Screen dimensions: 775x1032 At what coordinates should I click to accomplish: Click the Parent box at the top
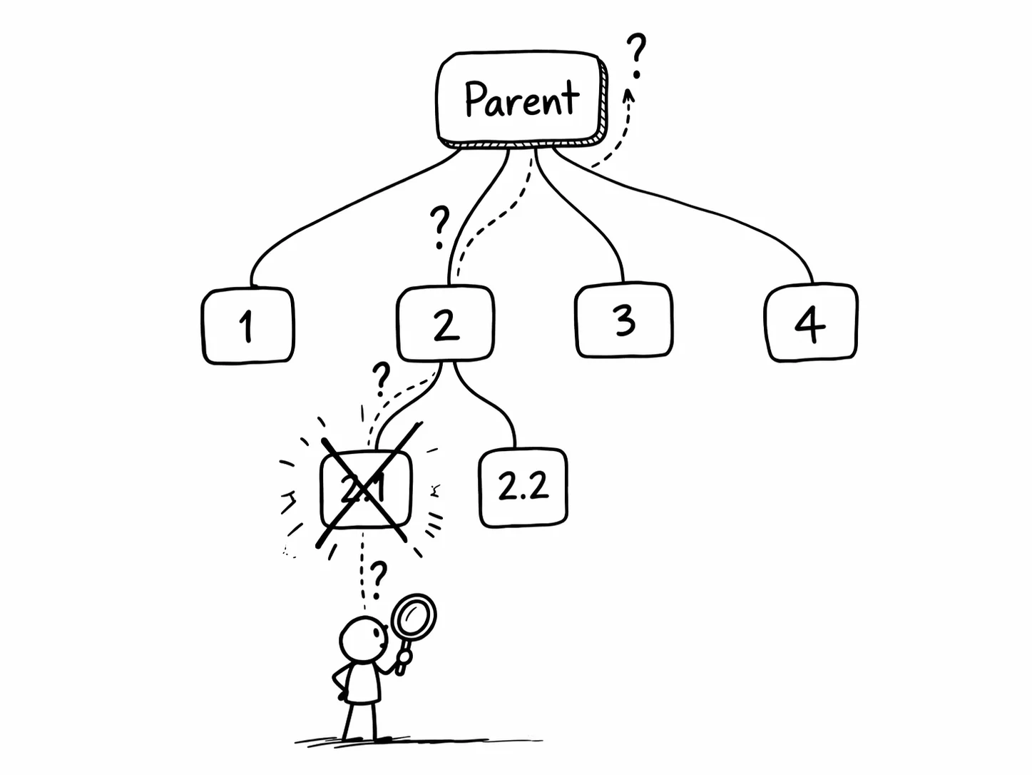521,98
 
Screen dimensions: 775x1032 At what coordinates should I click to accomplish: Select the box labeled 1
247,326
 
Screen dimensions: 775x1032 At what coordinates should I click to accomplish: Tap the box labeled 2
446,323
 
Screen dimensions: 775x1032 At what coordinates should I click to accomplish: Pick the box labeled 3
624,320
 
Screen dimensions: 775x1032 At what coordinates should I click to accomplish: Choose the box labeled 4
811,323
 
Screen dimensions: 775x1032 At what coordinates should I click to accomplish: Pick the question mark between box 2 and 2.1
382,378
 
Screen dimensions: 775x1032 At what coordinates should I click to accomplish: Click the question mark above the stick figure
379,577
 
